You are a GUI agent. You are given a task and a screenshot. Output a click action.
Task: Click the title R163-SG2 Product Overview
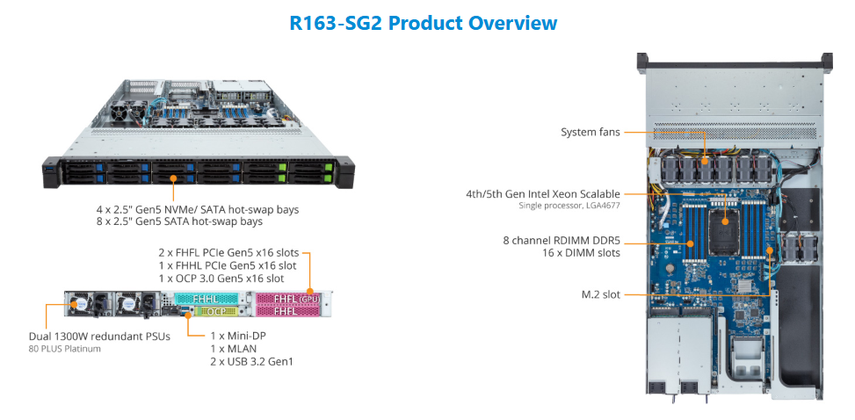(x=423, y=23)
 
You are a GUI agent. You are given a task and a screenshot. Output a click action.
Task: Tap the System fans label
(x=591, y=133)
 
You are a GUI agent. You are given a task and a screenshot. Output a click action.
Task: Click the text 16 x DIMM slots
(x=580, y=253)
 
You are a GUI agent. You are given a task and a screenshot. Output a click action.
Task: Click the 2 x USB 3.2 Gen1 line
(x=252, y=362)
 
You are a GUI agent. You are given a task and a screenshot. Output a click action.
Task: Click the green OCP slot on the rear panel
(x=212, y=311)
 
